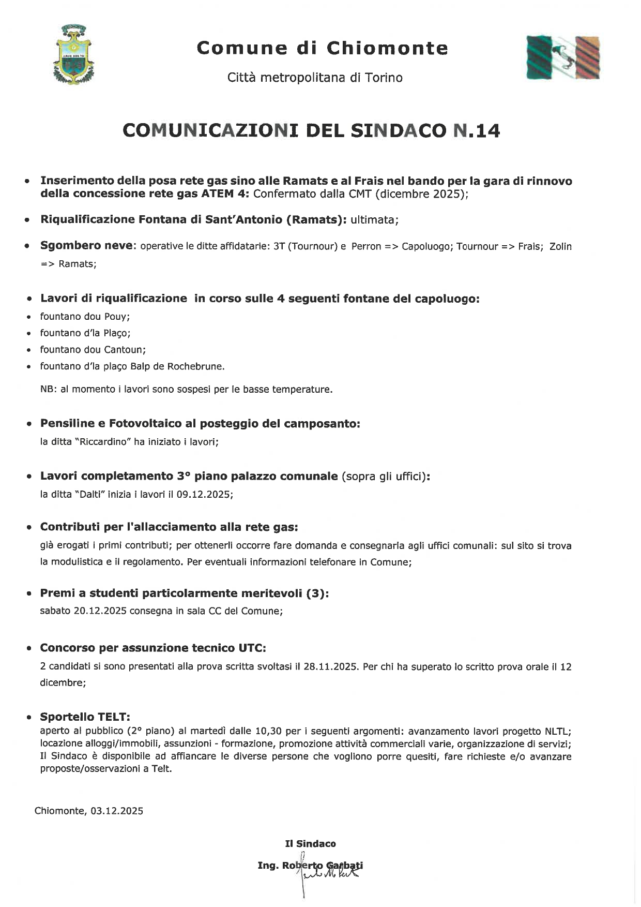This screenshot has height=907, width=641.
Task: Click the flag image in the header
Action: [563, 57]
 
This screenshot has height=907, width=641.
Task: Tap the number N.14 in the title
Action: [476, 130]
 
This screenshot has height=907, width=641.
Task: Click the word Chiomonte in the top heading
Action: [388, 48]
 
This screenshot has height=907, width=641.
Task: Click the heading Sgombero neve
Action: [86, 246]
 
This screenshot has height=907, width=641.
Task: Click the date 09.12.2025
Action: [203, 494]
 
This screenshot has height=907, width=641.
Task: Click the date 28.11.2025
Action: [330, 666]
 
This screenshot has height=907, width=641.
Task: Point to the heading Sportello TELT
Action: [85, 717]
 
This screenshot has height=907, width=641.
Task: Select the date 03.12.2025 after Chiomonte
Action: [117, 811]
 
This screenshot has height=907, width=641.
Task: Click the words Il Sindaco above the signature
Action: [310, 844]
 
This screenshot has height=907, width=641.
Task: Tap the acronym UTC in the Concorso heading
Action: [252, 648]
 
